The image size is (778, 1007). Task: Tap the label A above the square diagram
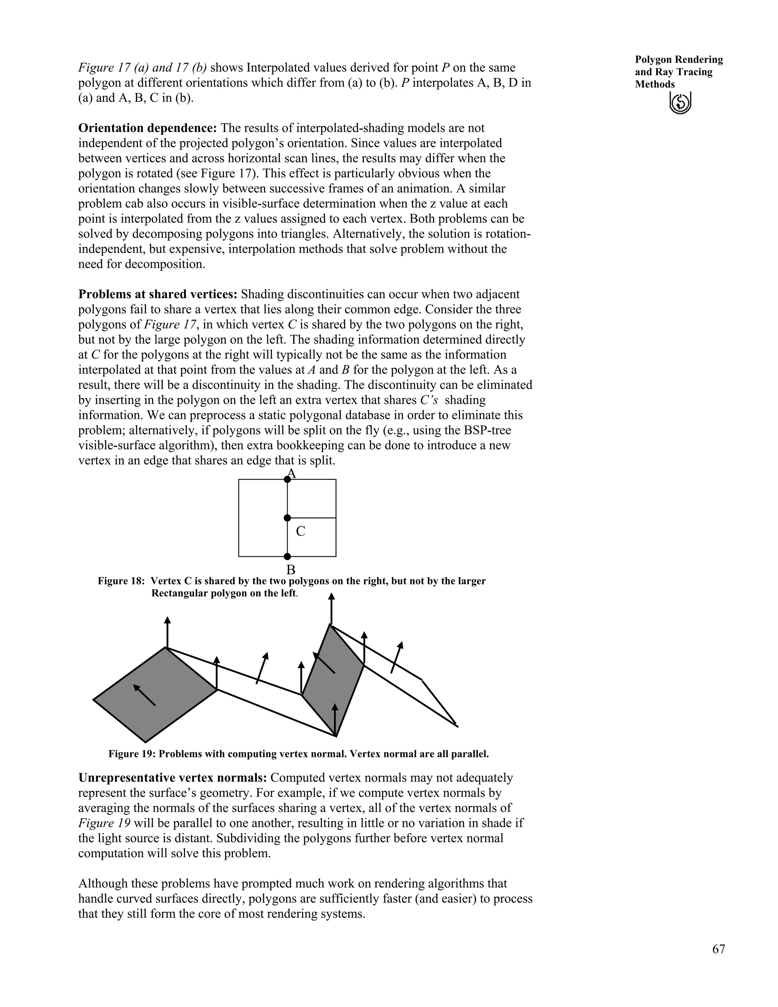click(x=291, y=473)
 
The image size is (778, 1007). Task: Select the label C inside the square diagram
click(x=300, y=531)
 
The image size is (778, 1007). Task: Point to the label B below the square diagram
click(x=291, y=570)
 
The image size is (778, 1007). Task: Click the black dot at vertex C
click(x=287, y=518)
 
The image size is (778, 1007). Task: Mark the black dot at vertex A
click(x=287, y=480)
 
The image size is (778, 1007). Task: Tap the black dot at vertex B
click(x=287, y=557)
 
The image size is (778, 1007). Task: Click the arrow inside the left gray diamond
click(x=144, y=695)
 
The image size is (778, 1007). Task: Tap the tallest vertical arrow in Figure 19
click(x=331, y=609)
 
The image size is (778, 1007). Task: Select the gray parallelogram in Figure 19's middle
click(x=333, y=682)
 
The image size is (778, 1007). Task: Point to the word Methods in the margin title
click(x=655, y=84)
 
